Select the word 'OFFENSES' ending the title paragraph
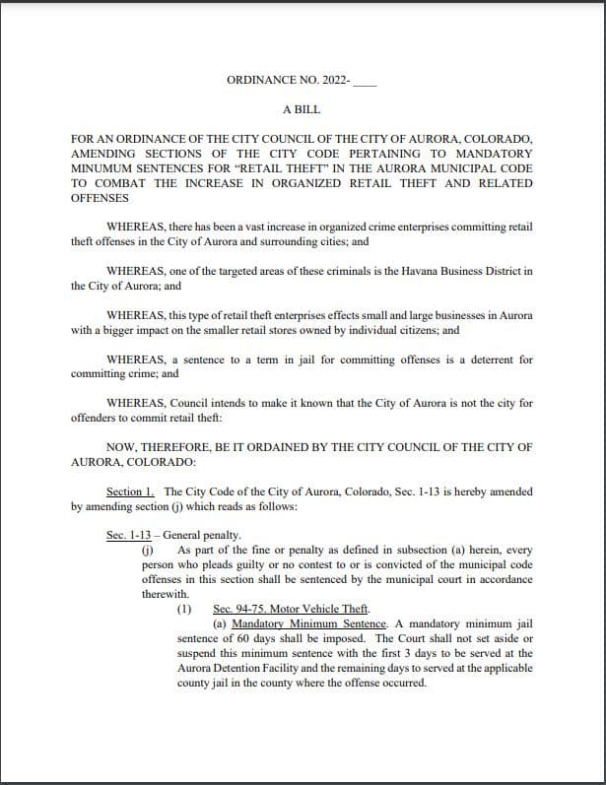coord(101,198)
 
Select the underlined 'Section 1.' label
coord(131,491)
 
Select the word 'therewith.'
coord(165,594)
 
